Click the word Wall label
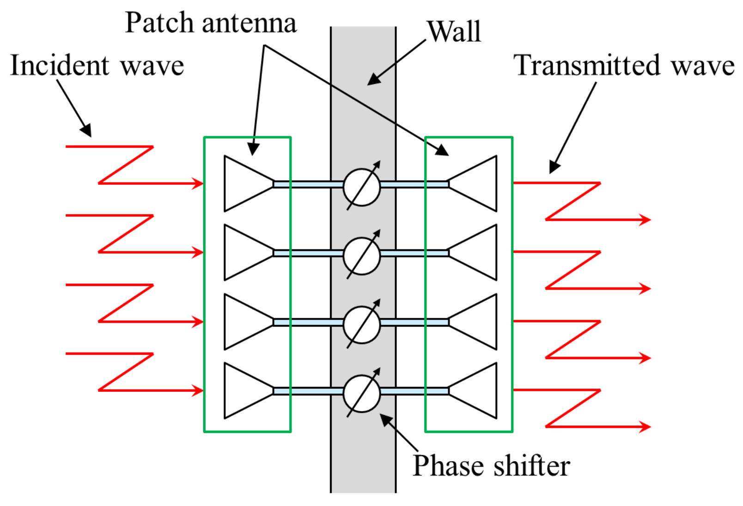454,31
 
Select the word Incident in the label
60,65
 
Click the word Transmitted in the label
587,65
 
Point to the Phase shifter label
491,465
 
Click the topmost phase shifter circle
362,187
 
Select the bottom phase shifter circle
362,393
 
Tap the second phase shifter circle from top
362,256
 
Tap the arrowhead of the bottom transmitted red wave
646,427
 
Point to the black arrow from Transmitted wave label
573,128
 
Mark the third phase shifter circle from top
362,324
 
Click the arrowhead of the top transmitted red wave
646,219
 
